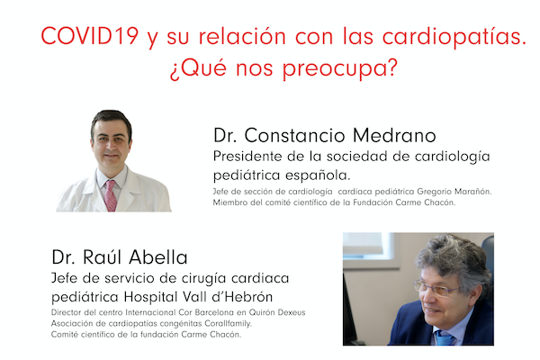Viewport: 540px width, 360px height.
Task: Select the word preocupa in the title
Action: (x=348, y=69)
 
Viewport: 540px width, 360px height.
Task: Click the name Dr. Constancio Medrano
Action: (x=325, y=136)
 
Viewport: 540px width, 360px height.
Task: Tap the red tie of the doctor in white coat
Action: (x=111, y=194)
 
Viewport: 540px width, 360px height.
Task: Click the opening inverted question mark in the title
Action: (x=173, y=69)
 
